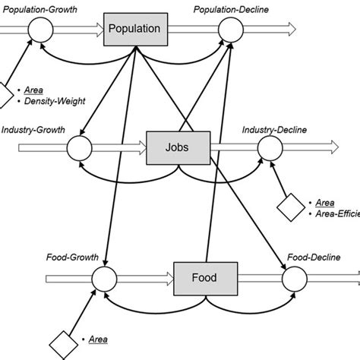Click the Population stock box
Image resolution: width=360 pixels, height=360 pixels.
(134, 29)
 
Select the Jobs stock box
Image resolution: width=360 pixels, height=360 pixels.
(178, 144)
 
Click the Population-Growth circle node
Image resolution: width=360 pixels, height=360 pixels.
(38, 30)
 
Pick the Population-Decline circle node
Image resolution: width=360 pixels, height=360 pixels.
(230, 30)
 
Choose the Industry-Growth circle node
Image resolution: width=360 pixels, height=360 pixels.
(79, 144)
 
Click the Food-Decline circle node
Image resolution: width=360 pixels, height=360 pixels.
(293, 279)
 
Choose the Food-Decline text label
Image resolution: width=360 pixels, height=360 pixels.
(311, 258)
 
